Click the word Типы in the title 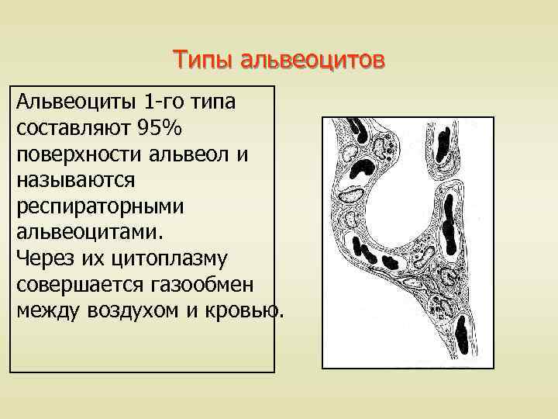[203, 60]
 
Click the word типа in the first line [219, 102]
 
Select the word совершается [74, 284]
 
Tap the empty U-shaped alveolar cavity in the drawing [404, 186]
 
